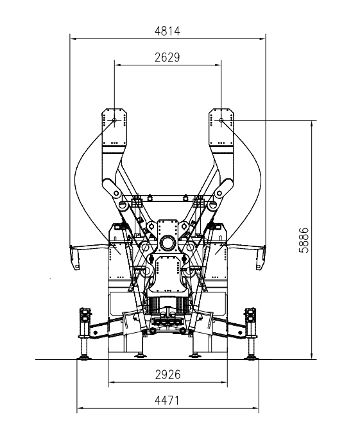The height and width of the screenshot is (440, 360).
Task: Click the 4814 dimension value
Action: (x=167, y=31)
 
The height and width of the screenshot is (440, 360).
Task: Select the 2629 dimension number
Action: (x=167, y=57)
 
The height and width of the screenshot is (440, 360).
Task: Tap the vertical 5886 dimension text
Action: (x=304, y=240)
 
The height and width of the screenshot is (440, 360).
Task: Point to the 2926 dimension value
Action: (x=167, y=375)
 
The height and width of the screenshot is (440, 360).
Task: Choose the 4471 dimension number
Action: (x=167, y=400)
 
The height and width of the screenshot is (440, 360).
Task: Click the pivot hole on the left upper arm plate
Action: (x=114, y=120)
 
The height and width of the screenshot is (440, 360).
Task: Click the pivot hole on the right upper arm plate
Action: (x=221, y=120)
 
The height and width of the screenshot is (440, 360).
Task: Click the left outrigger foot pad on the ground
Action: (x=83, y=357)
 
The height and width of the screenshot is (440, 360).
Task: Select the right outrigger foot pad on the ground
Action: (x=252, y=357)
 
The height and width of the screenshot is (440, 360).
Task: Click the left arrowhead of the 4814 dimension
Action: (x=73, y=39)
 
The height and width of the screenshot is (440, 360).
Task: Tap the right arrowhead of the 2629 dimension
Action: (x=218, y=65)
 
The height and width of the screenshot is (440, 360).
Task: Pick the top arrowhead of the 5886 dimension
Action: (x=311, y=124)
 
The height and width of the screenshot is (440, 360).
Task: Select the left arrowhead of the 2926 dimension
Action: (x=112, y=382)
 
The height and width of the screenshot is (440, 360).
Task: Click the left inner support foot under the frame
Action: (x=141, y=356)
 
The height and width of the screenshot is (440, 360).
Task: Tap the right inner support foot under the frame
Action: (x=194, y=356)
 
